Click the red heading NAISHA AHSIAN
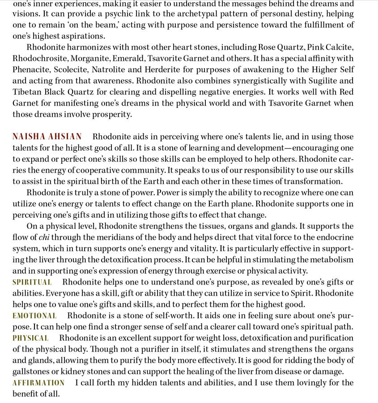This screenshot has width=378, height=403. [47, 137]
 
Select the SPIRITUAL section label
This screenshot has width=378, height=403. [32, 282]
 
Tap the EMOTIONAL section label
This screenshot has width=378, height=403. [34, 316]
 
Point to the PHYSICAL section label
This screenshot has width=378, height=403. [30, 338]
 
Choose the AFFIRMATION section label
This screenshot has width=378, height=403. [38, 383]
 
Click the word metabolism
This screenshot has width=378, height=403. [331, 260]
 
